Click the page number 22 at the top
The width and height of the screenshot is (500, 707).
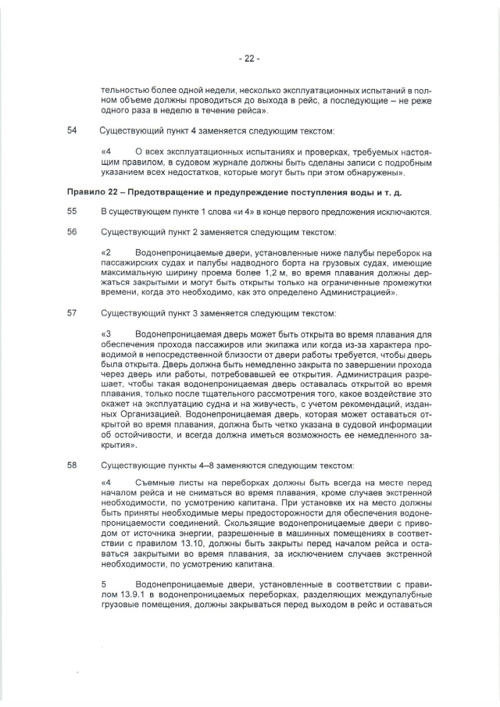[249, 58]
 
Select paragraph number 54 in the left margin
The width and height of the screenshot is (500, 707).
[73, 130]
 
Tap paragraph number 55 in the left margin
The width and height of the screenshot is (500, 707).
[73, 212]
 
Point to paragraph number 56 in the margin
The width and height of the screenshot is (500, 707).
[73, 232]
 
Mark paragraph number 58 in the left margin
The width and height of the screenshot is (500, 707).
[73, 465]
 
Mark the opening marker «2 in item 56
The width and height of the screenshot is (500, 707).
[107, 252]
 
